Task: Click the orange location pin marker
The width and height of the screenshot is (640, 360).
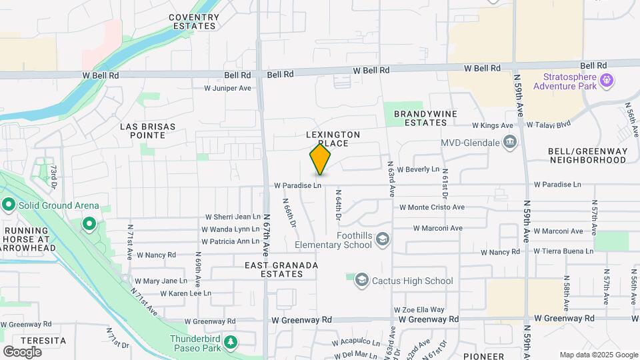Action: click(x=321, y=160)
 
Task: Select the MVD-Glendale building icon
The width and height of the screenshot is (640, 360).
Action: click(x=510, y=141)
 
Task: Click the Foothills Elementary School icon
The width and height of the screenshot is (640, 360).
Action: click(x=383, y=239)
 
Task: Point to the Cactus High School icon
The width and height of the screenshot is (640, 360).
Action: click(x=362, y=281)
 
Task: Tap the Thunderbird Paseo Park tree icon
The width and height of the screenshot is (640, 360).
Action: click(x=231, y=342)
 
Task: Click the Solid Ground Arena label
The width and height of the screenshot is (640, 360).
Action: click(x=58, y=205)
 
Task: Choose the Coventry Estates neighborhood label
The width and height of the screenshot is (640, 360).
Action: click(x=193, y=21)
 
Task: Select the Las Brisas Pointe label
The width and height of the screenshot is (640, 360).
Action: click(x=147, y=130)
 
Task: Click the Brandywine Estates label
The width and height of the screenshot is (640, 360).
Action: click(x=425, y=118)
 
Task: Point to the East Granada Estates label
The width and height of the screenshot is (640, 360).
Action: click(x=281, y=269)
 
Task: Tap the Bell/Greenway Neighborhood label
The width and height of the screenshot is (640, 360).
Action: click(x=587, y=155)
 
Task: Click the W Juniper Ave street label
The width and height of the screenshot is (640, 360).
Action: click(x=227, y=88)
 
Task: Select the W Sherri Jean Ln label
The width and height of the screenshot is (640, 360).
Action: click(x=233, y=217)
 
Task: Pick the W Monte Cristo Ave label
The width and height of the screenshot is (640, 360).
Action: click(x=431, y=207)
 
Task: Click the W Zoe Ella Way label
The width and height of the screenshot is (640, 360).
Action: click(x=419, y=310)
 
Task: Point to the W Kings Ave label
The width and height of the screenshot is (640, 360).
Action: click(x=493, y=125)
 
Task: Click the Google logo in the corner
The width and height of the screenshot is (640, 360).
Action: click(x=22, y=351)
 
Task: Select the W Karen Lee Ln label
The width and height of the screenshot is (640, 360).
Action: click(x=185, y=293)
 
